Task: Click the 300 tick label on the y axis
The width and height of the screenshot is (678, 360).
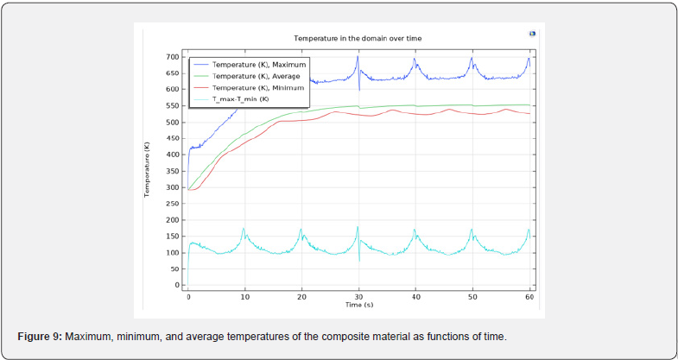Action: point(172,187)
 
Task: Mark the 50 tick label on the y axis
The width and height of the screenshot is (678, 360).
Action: point(174,268)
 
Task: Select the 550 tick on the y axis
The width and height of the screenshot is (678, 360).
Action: point(172,105)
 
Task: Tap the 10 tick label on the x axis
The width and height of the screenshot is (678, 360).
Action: point(244,297)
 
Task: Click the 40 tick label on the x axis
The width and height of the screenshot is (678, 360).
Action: point(415,297)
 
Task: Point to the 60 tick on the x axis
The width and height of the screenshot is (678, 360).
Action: point(529,297)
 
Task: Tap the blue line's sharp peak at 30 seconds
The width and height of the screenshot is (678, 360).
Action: point(358,57)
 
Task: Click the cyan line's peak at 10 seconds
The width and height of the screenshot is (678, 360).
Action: point(244,229)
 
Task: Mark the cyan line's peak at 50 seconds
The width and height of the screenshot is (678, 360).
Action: point(472,230)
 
